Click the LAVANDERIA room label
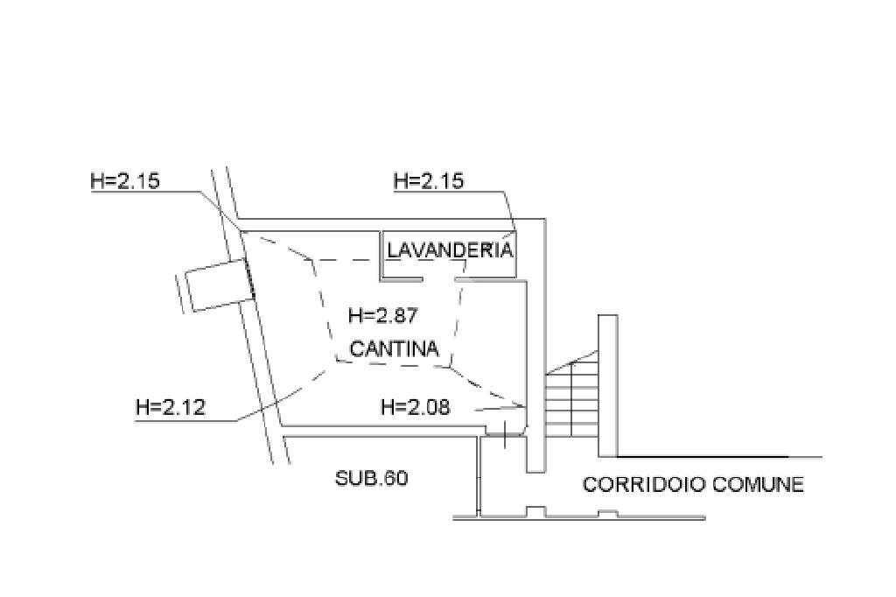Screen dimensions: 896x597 450,250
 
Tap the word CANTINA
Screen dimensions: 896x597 395,348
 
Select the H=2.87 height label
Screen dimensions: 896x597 383,315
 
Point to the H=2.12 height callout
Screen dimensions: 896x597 171,408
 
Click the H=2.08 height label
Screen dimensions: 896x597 416,407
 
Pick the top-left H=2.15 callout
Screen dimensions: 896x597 125,181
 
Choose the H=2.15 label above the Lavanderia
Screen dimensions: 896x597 429,181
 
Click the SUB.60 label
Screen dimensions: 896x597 371,477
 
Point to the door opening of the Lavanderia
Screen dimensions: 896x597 439,280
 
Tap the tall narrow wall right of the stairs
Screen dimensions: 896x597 608,385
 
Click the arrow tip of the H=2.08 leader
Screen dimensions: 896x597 525,406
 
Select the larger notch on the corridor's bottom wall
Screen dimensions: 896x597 535,511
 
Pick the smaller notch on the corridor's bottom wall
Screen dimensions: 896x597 608,514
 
